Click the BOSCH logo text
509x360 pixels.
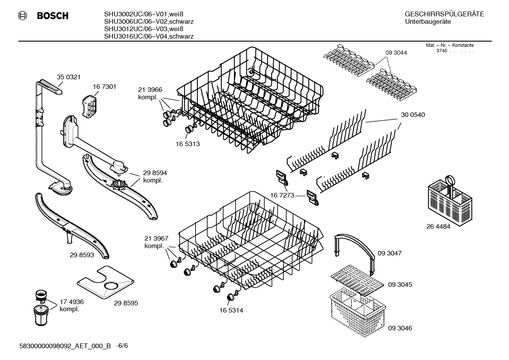coord(52,16)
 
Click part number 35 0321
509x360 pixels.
coord(68,77)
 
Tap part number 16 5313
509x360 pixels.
coord(188,144)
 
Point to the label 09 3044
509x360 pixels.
coord(396,53)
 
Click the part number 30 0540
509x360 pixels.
coord(413,115)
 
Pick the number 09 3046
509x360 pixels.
coord(400,328)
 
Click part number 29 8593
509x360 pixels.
coord(82,255)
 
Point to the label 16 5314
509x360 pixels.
coord(231,311)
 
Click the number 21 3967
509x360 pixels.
coord(156,238)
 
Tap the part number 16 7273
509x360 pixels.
coord(282,195)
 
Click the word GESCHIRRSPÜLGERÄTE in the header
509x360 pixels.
coord(444,14)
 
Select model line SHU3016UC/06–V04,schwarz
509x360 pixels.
coord(149,36)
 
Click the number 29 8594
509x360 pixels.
coord(155,173)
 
